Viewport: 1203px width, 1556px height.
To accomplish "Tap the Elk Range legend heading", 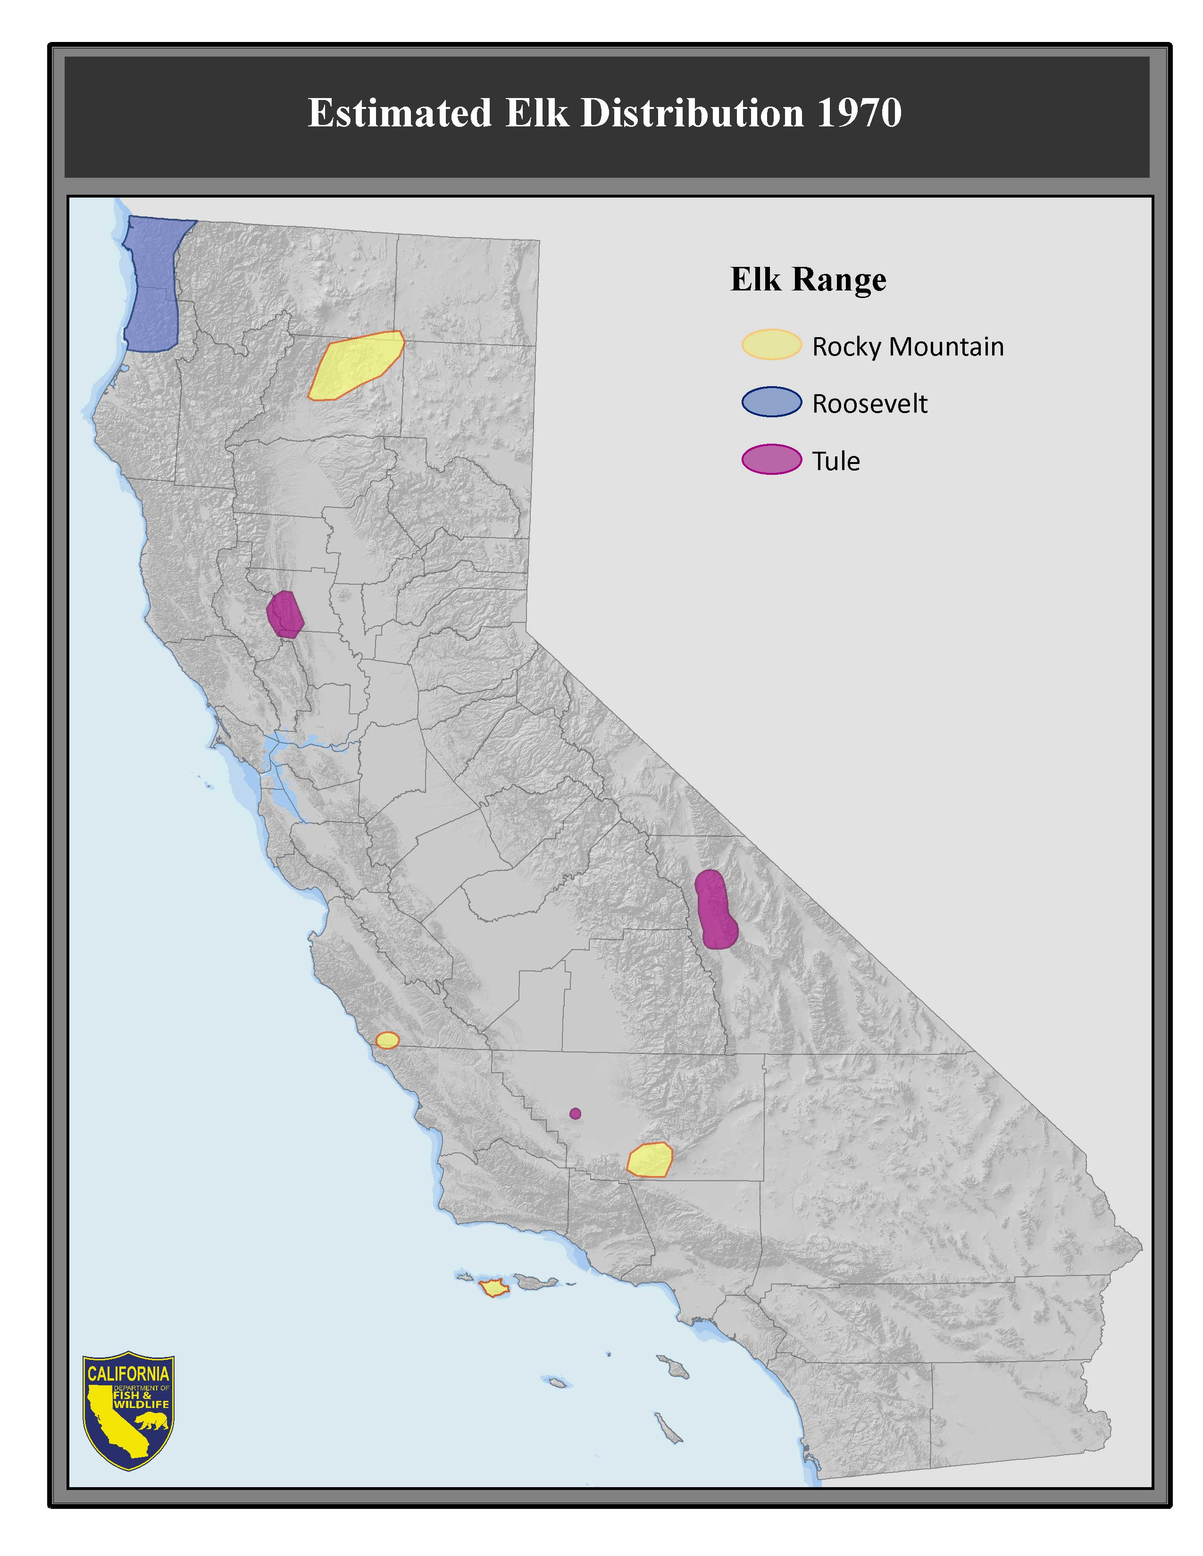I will click(808, 279).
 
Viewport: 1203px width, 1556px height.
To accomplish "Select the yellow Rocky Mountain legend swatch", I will click(771, 345).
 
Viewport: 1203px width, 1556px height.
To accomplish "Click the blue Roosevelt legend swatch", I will click(771, 402).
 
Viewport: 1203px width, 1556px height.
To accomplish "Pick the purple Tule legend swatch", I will click(771, 460).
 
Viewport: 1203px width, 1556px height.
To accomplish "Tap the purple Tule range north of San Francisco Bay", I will click(285, 614).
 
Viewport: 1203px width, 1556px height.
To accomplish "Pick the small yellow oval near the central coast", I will click(387, 1040).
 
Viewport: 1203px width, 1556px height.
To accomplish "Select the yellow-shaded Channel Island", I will click(493, 1288).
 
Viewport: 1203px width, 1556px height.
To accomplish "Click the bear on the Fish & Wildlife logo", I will click(152, 1422).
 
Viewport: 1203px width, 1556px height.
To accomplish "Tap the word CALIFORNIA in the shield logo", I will click(128, 1374).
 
